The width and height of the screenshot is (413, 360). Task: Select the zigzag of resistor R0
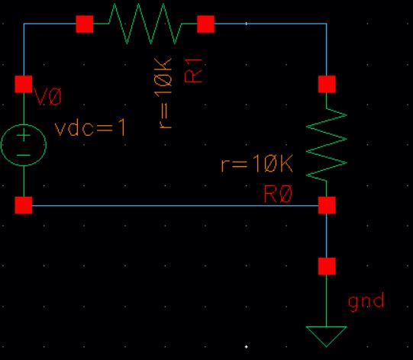(x=327, y=145)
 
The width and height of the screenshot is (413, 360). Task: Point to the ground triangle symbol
(x=326, y=336)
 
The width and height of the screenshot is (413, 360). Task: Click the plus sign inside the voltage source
(x=24, y=135)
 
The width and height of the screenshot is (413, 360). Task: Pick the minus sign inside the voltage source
(x=24, y=155)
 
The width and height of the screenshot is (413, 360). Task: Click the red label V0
(x=48, y=97)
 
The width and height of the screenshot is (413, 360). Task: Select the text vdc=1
(x=90, y=128)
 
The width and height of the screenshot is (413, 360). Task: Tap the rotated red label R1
(x=194, y=70)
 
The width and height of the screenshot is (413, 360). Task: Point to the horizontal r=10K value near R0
(x=257, y=163)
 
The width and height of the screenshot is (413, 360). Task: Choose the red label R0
(x=278, y=194)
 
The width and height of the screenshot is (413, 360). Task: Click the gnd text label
(x=366, y=303)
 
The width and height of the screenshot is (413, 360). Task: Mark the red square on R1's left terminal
(x=85, y=24)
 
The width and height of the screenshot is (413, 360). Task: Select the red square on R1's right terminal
(x=205, y=24)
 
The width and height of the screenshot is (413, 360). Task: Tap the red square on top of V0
(x=24, y=84)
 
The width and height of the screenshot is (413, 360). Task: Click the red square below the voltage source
(x=24, y=205)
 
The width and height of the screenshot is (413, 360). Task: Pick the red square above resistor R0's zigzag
(x=327, y=84)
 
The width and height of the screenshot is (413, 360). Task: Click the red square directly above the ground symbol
(x=327, y=266)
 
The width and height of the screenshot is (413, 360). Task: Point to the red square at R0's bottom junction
(x=327, y=205)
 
